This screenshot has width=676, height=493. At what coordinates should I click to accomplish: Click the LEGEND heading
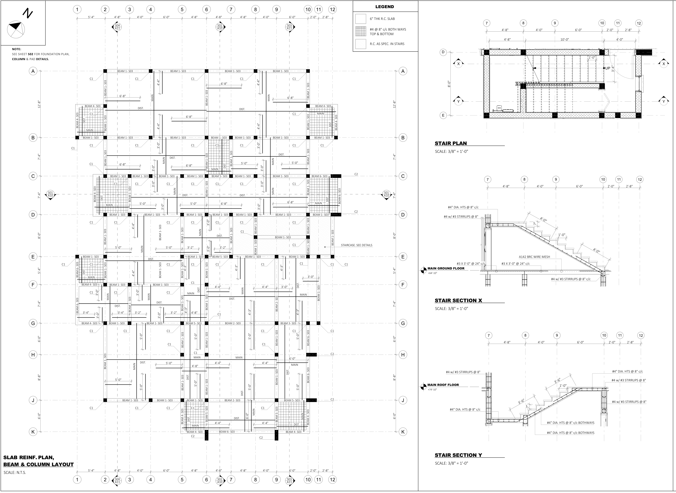385,7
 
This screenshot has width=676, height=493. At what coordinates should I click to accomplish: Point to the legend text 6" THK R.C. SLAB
382,19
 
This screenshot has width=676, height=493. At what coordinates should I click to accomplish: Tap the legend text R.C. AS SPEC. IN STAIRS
387,44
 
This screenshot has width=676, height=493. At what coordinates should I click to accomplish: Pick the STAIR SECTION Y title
458,455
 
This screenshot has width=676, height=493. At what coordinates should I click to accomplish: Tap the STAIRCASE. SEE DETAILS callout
357,245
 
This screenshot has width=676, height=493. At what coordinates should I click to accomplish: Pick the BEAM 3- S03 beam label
288,323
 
